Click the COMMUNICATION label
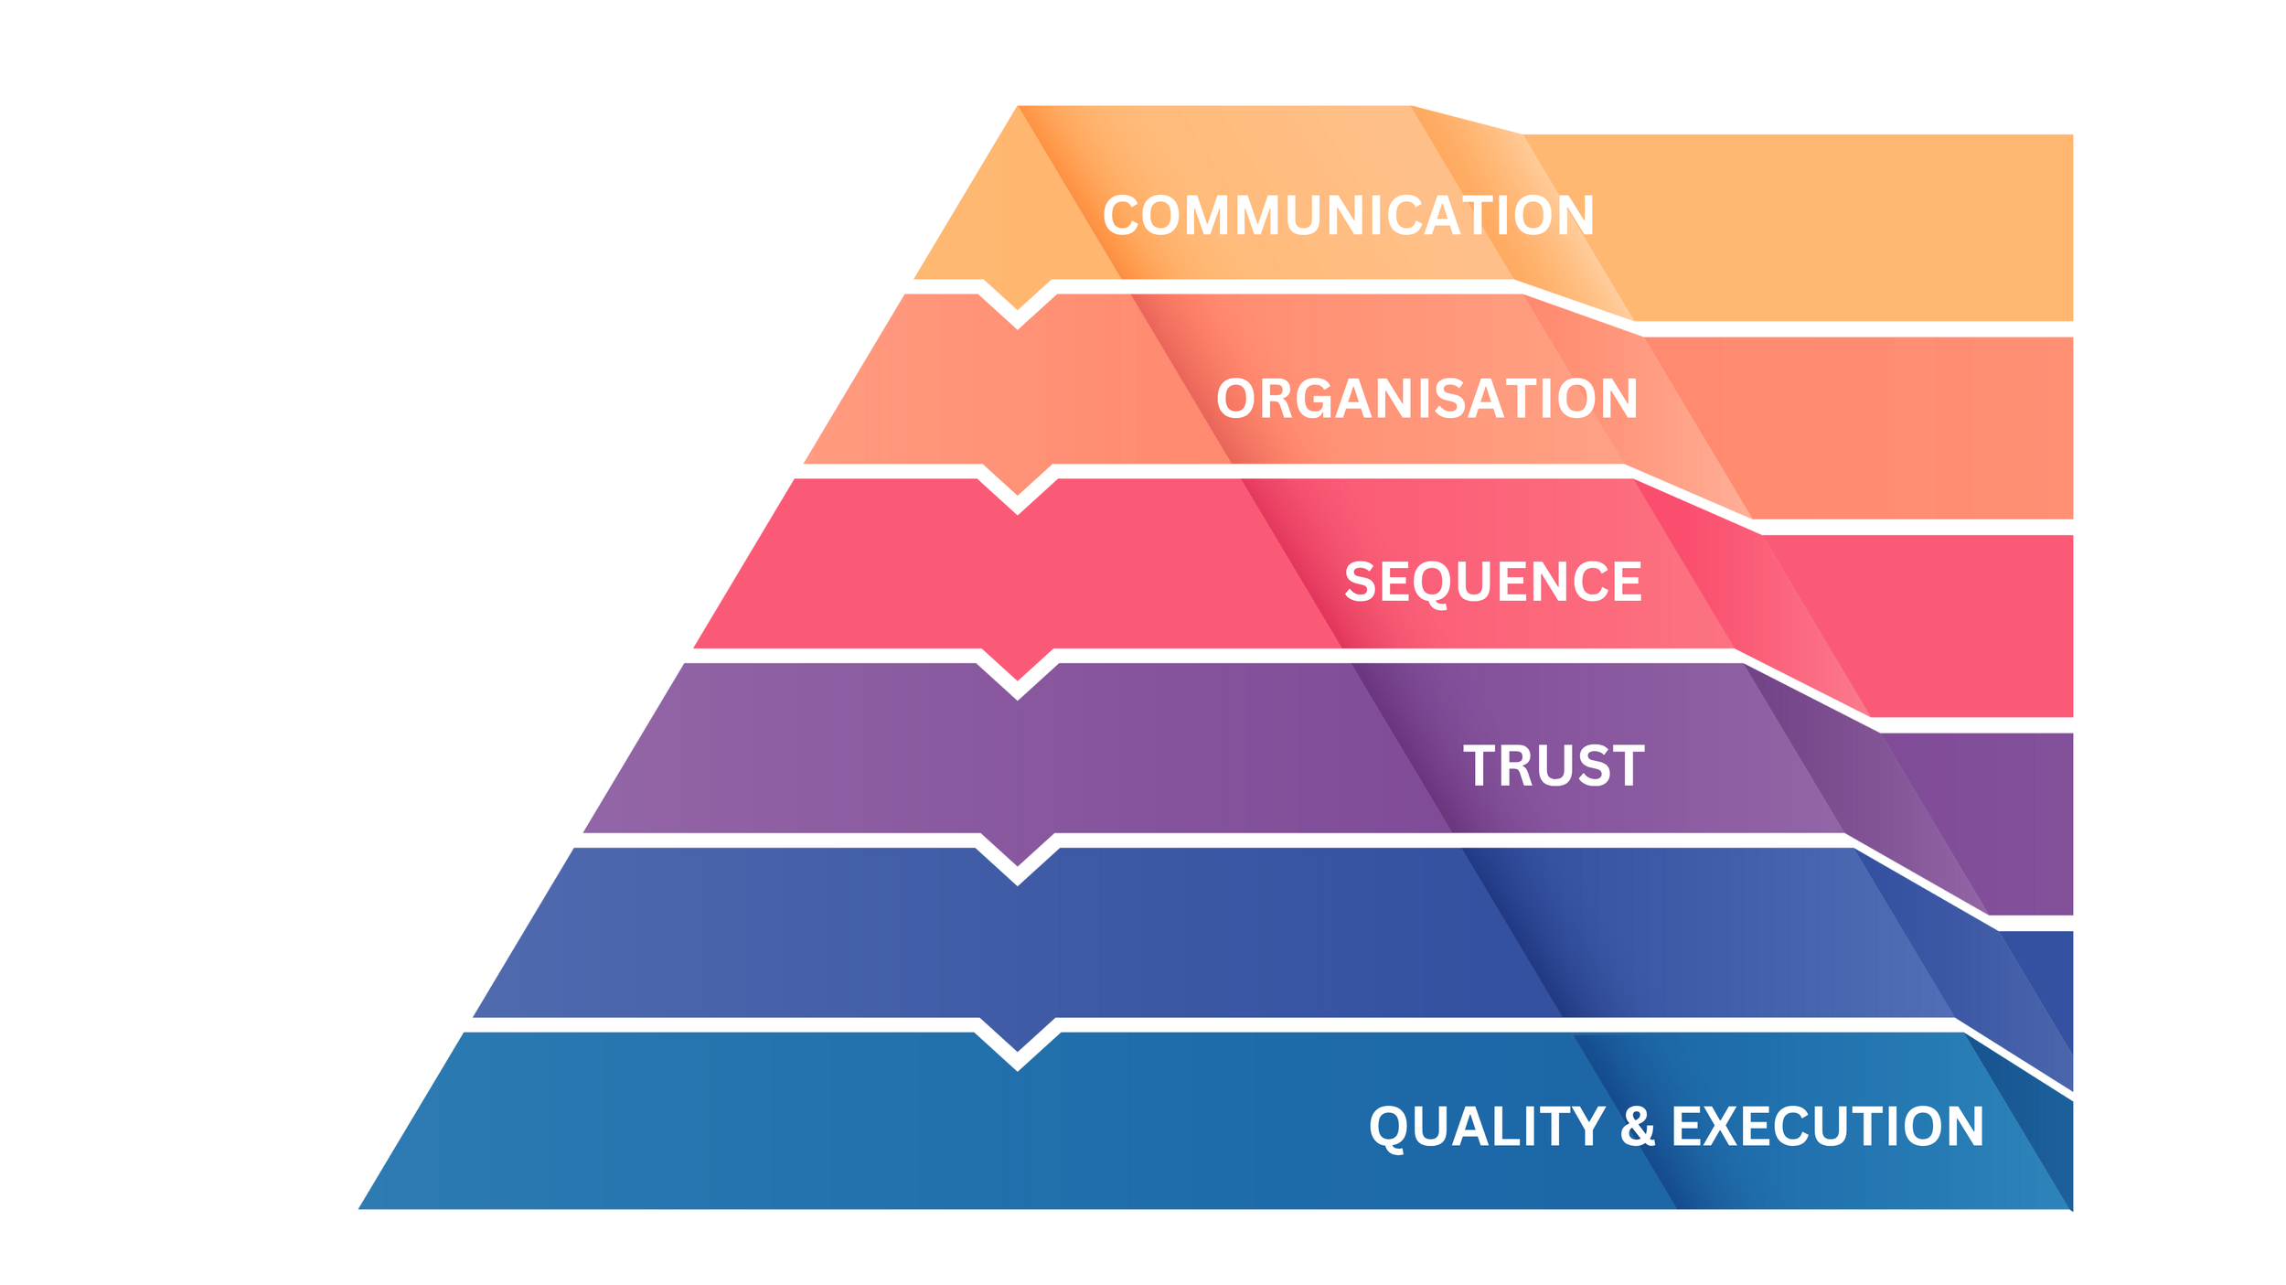[x=1348, y=216]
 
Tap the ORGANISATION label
[x=1426, y=400]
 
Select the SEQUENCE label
[x=1492, y=583]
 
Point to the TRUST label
[x=1554, y=766]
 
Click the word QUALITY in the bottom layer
[x=1487, y=1127]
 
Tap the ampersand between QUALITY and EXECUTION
[x=1638, y=1127]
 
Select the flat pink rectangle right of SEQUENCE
[x=1975, y=626]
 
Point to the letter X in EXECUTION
[x=1726, y=1127]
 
